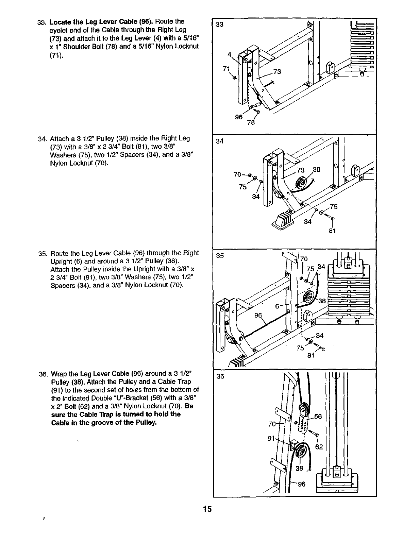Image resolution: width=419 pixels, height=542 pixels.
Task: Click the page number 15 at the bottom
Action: (207, 509)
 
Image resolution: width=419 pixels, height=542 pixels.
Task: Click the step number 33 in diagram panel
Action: (220, 24)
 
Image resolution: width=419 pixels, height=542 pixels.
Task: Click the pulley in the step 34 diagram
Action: (301, 184)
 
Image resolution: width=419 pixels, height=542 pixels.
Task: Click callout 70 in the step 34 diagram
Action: (238, 175)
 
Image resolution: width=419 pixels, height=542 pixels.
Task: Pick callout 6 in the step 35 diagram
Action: (278, 306)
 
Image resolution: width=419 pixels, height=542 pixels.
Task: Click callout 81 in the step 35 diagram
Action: (310, 356)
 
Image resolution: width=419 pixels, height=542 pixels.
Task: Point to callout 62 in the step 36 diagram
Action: (319, 446)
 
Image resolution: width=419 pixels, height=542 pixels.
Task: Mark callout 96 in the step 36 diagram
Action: (301, 485)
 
